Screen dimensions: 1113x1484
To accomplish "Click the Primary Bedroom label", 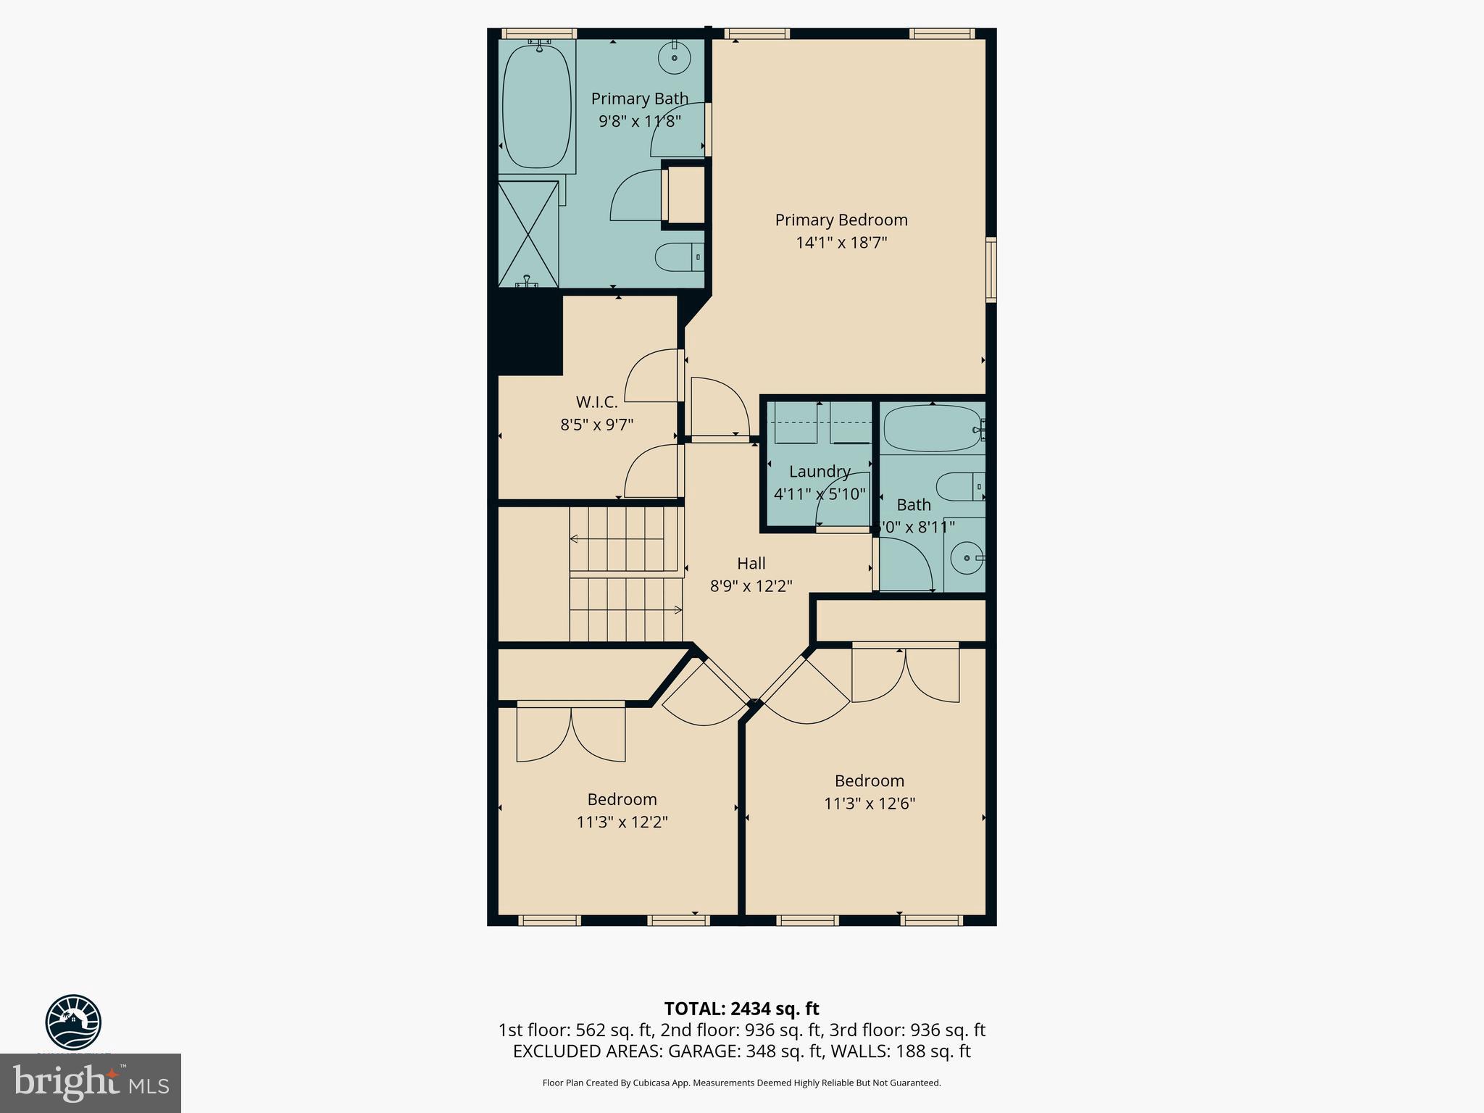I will [841, 220].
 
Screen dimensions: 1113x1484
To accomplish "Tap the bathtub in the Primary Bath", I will [536, 105].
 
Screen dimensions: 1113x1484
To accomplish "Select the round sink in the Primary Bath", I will [675, 57].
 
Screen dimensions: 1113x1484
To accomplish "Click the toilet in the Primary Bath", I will [678, 257].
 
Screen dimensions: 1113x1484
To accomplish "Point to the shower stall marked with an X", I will [528, 233].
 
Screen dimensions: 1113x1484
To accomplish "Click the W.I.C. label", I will [596, 402].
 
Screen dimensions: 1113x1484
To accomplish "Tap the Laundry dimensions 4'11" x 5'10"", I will [819, 494].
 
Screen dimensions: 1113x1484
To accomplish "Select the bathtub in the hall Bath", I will [932, 428].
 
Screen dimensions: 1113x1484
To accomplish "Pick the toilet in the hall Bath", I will [958, 487].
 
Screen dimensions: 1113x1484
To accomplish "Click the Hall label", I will [751, 563].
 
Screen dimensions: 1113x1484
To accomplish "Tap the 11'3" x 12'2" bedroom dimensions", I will [622, 822].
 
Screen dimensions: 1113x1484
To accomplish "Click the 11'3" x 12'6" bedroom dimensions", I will [870, 804].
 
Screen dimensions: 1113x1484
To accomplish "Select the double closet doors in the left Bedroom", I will [571, 733].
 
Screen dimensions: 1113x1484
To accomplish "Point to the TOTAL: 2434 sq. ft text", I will [741, 1009].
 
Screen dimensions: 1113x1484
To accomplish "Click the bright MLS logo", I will [91, 1083].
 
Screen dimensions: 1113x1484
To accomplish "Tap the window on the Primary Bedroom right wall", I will [991, 269].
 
